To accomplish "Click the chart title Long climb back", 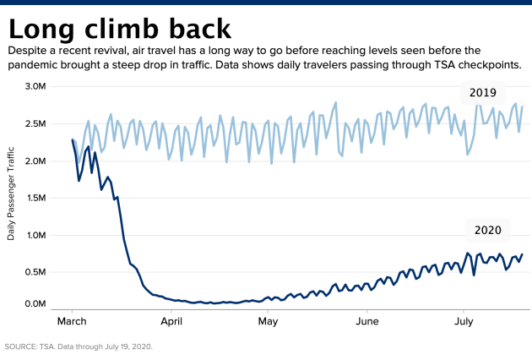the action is tap(120, 29).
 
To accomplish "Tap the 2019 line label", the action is tap(483, 92).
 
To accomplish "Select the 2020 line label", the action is tap(488, 230).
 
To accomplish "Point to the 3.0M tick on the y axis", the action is tap(35, 86).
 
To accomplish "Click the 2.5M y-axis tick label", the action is tap(35, 123).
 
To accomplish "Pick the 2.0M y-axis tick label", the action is tap(35, 161).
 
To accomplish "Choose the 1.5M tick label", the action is tap(36, 198).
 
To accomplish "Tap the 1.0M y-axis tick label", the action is tap(36, 235).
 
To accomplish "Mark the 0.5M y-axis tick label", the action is tap(35, 272).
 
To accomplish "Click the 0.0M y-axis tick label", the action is tap(35, 303).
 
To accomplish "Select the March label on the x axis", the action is tap(72, 321).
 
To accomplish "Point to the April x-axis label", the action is tap(171, 321).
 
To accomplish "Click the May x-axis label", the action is tap(268, 321).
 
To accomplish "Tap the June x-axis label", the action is tap(367, 321).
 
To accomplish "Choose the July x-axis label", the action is tap(464, 321).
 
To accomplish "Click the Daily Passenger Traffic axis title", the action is tap(11, 194).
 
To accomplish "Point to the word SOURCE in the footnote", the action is tap(20, 346).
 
